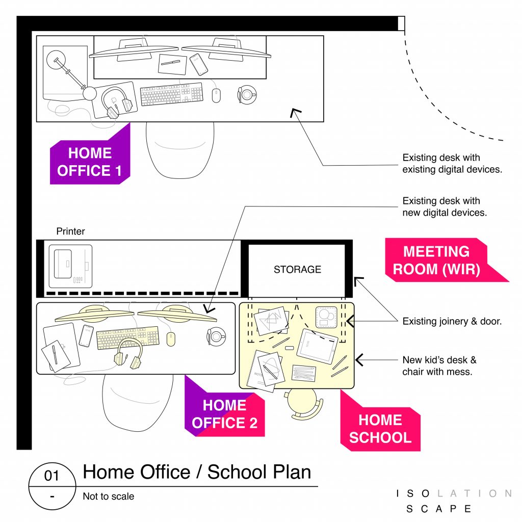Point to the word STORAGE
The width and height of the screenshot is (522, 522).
point(297,269)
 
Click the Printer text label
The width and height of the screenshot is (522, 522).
point(70,231)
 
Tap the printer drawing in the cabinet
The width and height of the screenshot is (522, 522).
point(70,266)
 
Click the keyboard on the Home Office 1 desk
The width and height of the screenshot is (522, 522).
point(172,94)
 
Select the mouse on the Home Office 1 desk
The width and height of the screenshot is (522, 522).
point(216,95)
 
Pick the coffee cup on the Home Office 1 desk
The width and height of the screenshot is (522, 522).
point(247,95)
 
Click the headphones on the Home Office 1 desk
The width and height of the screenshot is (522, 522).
point(117,102)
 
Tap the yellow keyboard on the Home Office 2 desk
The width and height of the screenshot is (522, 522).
point(128,337)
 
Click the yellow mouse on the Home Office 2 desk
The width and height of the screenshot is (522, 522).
point(170,339)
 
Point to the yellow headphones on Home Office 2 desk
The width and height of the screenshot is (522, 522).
point(128,354)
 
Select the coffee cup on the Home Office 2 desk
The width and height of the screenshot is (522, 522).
point(216,336)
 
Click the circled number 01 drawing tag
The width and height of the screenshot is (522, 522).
point(53,486)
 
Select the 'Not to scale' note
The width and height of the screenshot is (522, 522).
point(109,497)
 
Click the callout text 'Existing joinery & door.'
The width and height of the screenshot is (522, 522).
point(452,321)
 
